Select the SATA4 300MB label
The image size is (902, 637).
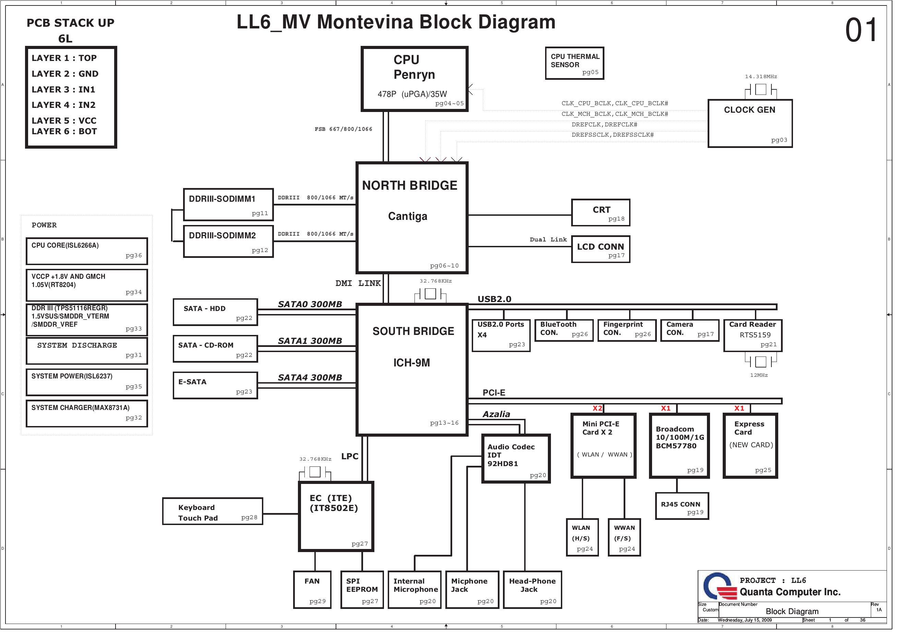click(313, 382)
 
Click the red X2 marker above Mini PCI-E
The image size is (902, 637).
click(603, 412)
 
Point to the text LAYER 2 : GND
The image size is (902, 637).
click(65, 75)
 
